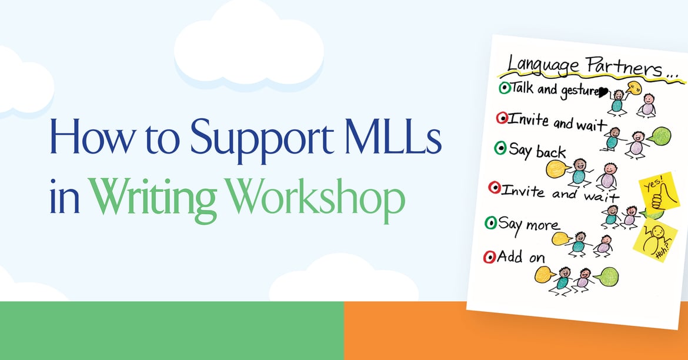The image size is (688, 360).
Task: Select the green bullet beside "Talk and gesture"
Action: click(504, 88)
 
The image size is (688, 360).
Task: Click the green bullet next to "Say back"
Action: click(500, 149)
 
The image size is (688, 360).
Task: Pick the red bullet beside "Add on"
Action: click(489, 256)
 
